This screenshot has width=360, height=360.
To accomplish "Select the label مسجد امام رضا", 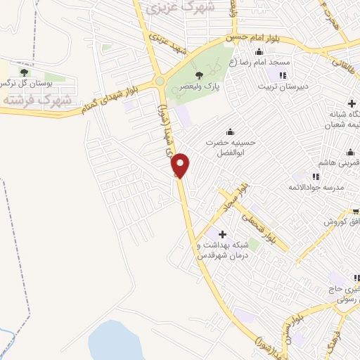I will point(271,62).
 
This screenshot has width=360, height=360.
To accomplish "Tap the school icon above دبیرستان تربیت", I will point(283,75).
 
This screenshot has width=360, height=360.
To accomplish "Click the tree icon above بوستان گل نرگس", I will point(25,72).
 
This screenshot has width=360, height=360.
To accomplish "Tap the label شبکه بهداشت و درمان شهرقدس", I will point(224,250).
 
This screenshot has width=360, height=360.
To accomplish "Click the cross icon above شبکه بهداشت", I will point(223,234).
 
